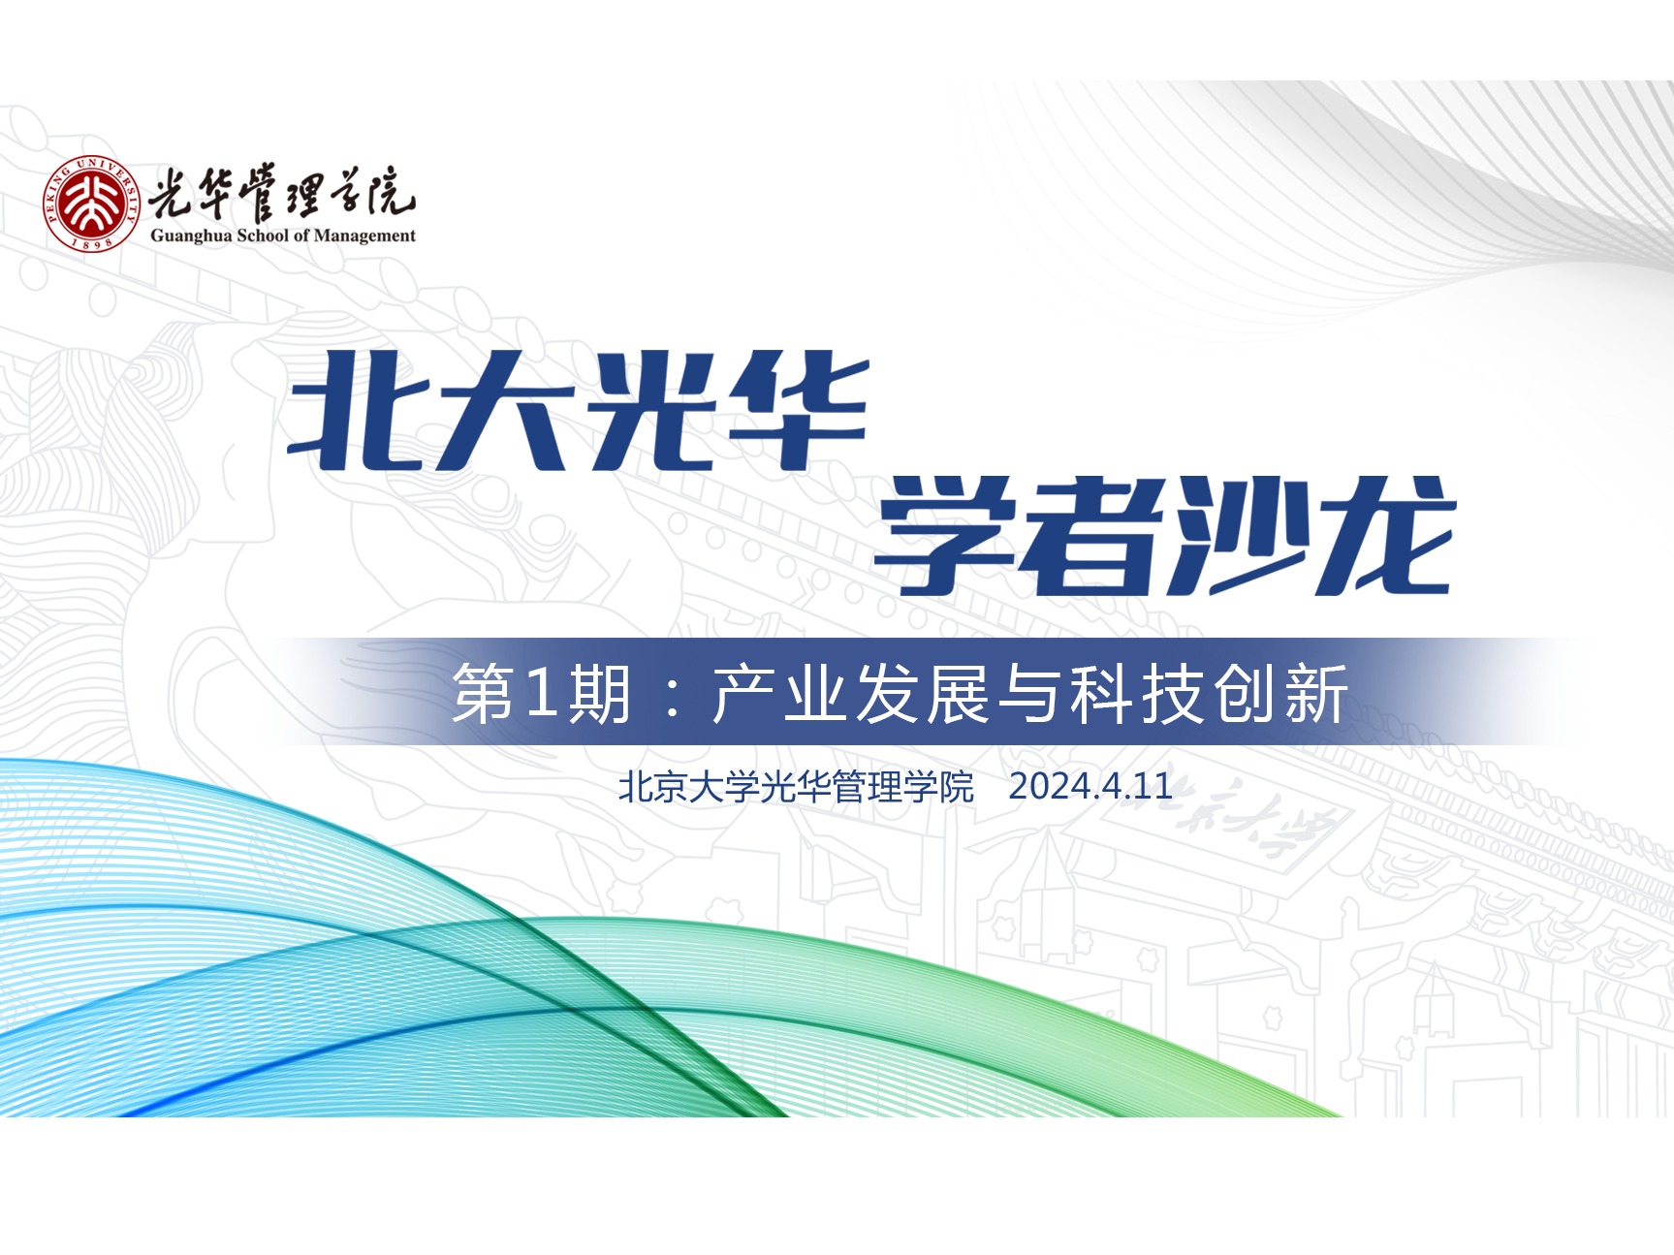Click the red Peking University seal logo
(91, 203)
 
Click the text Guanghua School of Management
(283, 235)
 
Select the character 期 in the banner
(601, 694)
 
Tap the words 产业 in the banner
(780, 694)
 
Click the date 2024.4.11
(1090, 786)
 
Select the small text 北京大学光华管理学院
(796, 787)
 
